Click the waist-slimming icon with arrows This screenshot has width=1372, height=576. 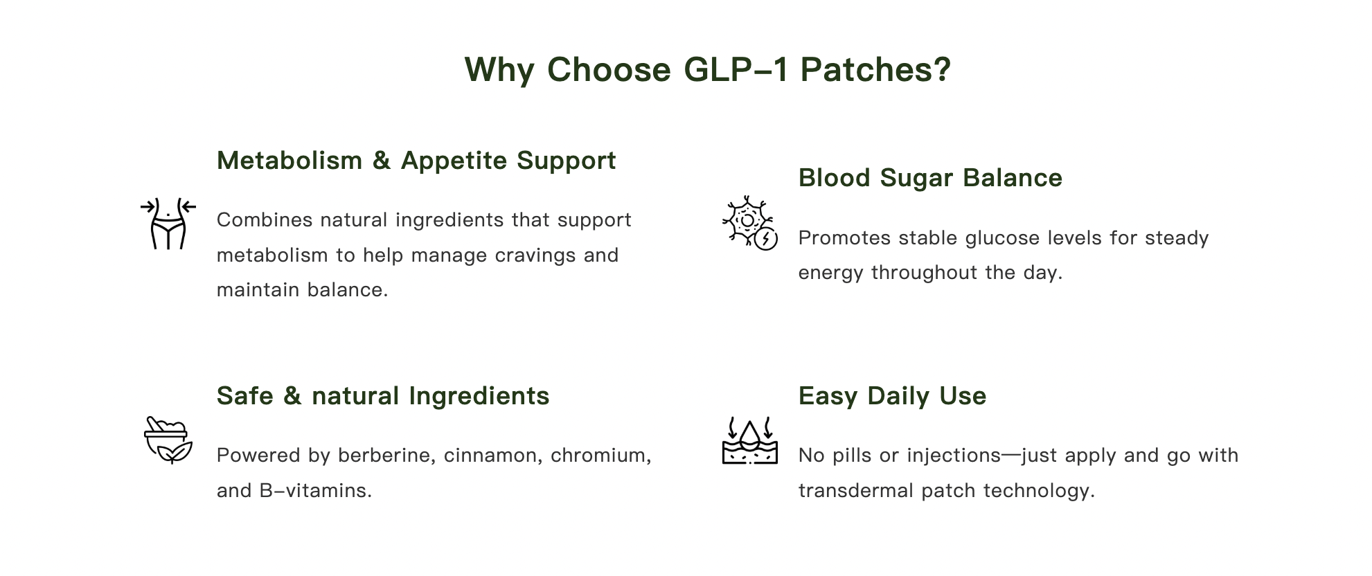click(x=168, y=223)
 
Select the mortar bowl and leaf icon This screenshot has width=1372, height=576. click(x=168, y=440)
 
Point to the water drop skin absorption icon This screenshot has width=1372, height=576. click(x=749, y=440)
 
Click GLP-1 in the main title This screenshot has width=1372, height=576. click(x=736, y=70)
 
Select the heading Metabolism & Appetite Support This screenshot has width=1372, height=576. click(x=416, y=161)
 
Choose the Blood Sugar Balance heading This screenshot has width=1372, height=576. click(x=930, y=178)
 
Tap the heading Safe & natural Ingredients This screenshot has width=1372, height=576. click(x=383, y=396)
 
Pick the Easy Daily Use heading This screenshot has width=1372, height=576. click(x=892, y=396)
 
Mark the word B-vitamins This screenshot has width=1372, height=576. click(x=316, y=491)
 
